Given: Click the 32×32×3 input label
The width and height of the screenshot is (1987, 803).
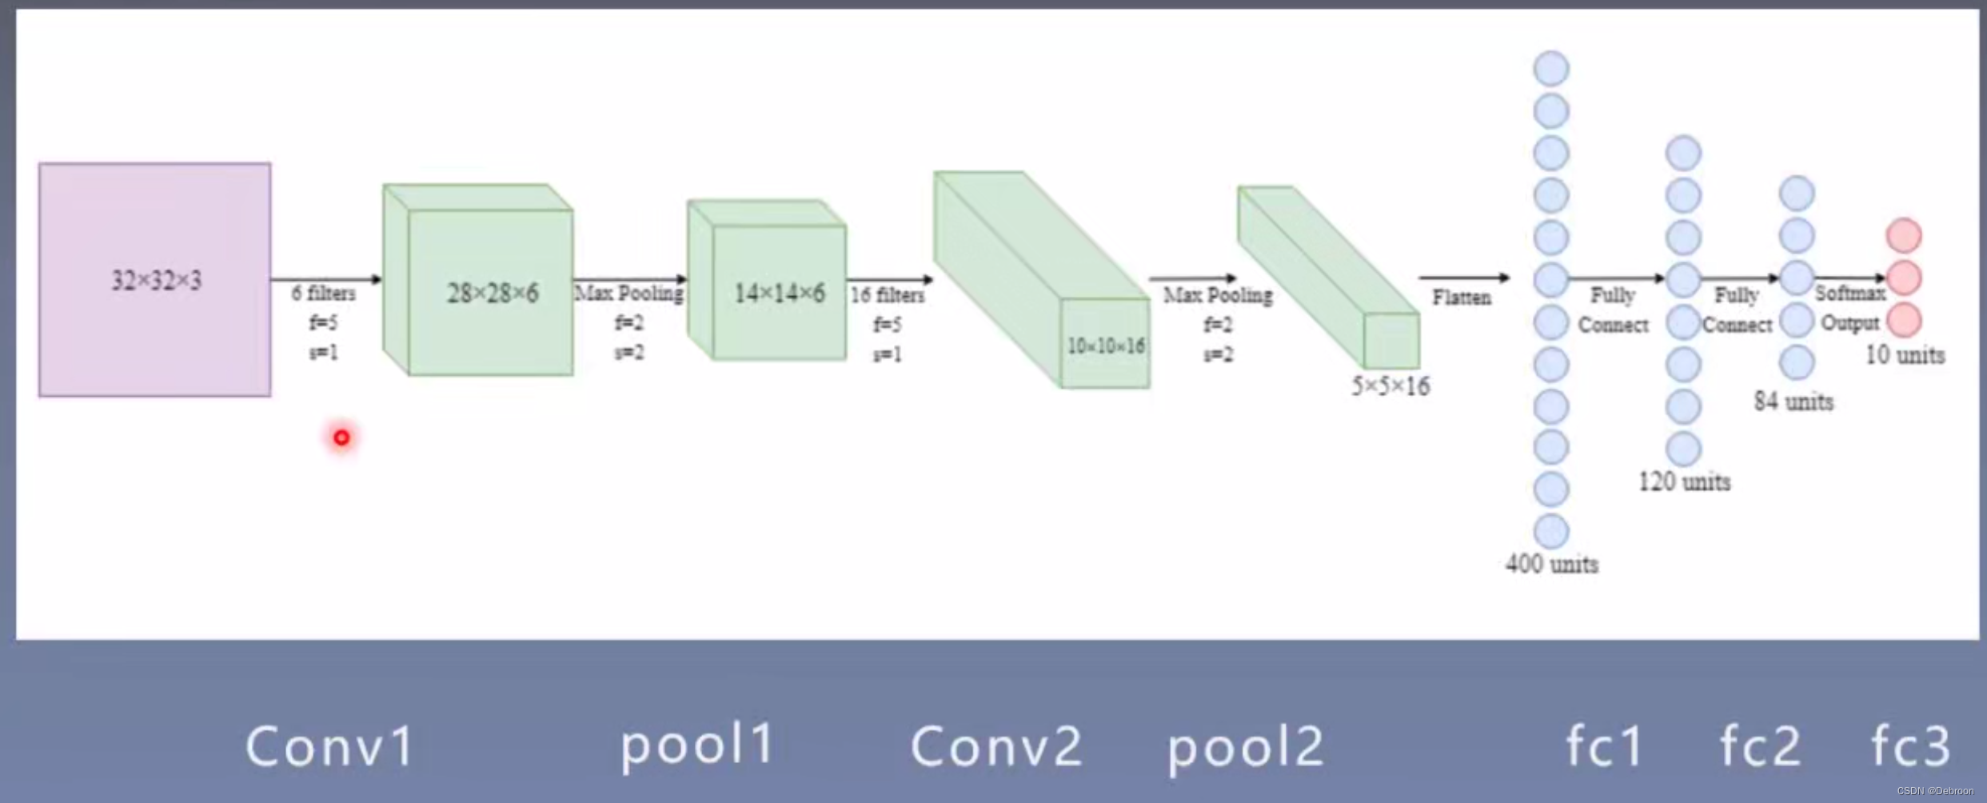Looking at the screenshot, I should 156,281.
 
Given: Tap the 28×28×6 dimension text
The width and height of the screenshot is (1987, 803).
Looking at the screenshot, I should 493,294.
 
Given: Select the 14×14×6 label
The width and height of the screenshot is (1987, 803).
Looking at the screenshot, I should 779,294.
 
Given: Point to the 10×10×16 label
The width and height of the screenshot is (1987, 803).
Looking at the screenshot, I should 1106,346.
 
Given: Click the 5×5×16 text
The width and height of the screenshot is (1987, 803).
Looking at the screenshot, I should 1391,386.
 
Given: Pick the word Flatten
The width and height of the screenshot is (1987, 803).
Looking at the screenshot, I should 1462,298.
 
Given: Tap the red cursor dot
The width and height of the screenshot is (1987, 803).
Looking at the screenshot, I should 341,437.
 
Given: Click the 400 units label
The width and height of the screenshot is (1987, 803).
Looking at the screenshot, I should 1552,564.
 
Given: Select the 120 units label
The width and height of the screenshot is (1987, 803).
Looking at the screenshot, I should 1685,481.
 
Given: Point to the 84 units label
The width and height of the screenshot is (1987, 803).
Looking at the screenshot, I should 1793,401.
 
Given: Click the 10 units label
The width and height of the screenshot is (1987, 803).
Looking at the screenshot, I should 1905,354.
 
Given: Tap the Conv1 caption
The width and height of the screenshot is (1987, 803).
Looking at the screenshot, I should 329,746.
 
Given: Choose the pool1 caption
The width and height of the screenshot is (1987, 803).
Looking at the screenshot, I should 697,745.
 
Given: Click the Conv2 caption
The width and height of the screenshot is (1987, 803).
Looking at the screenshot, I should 996,746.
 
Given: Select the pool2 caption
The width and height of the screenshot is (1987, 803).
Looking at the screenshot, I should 1245,746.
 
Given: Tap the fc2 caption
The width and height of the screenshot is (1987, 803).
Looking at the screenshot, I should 1760,746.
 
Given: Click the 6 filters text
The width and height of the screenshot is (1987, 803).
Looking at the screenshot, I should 323,294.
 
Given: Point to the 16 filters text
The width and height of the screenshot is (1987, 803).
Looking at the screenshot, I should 887,296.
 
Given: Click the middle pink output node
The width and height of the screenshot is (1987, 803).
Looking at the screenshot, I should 1904,278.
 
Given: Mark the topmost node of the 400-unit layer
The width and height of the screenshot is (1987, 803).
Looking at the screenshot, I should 1551,69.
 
